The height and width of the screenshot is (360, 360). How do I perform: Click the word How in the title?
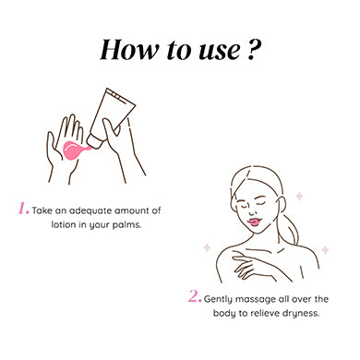click(x=130, y=50)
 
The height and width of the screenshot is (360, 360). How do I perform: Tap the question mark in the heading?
click(x=254, y=50)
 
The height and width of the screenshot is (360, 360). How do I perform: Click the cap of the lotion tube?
click(x=94, y=141)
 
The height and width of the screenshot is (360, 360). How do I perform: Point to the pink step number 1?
click(x=23, y=209)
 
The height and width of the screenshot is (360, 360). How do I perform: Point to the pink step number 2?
click(x=195, y=296)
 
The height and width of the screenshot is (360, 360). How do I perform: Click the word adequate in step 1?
click(x=90, y=211)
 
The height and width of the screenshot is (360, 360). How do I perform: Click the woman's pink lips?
click(x=255, y=222)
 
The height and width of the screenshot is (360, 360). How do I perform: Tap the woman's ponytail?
click(x=289, y=228)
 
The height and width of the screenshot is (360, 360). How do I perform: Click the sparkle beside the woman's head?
click(x=299, y=196)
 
